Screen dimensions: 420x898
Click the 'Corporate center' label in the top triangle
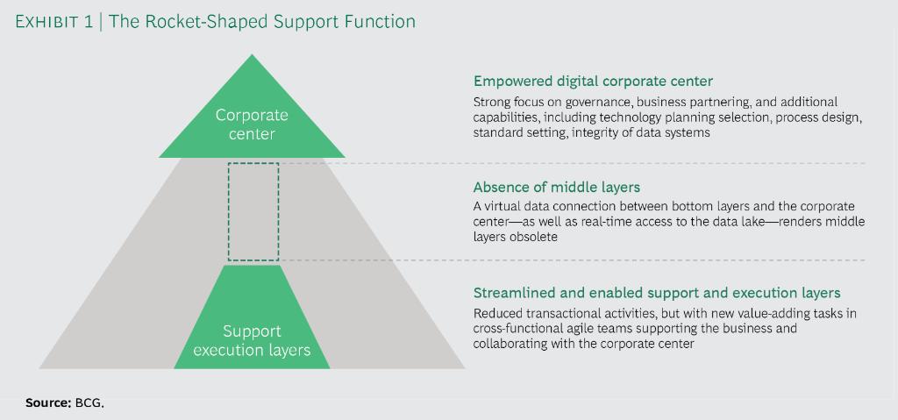pos(252,125)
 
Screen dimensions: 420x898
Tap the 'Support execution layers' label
pos(252,341)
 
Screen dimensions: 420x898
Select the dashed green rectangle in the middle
pos(253,211)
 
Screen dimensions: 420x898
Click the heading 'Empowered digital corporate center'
pos(593,82)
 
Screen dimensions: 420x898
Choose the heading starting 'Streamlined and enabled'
pos(657,293)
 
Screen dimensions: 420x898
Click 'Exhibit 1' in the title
pos(53,21)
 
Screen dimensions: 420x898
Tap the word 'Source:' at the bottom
pos(48,402)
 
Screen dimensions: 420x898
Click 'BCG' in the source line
pos(89,402)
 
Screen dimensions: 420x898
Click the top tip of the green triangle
pos(252,56)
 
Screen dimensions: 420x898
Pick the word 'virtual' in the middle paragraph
pos(503,206)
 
